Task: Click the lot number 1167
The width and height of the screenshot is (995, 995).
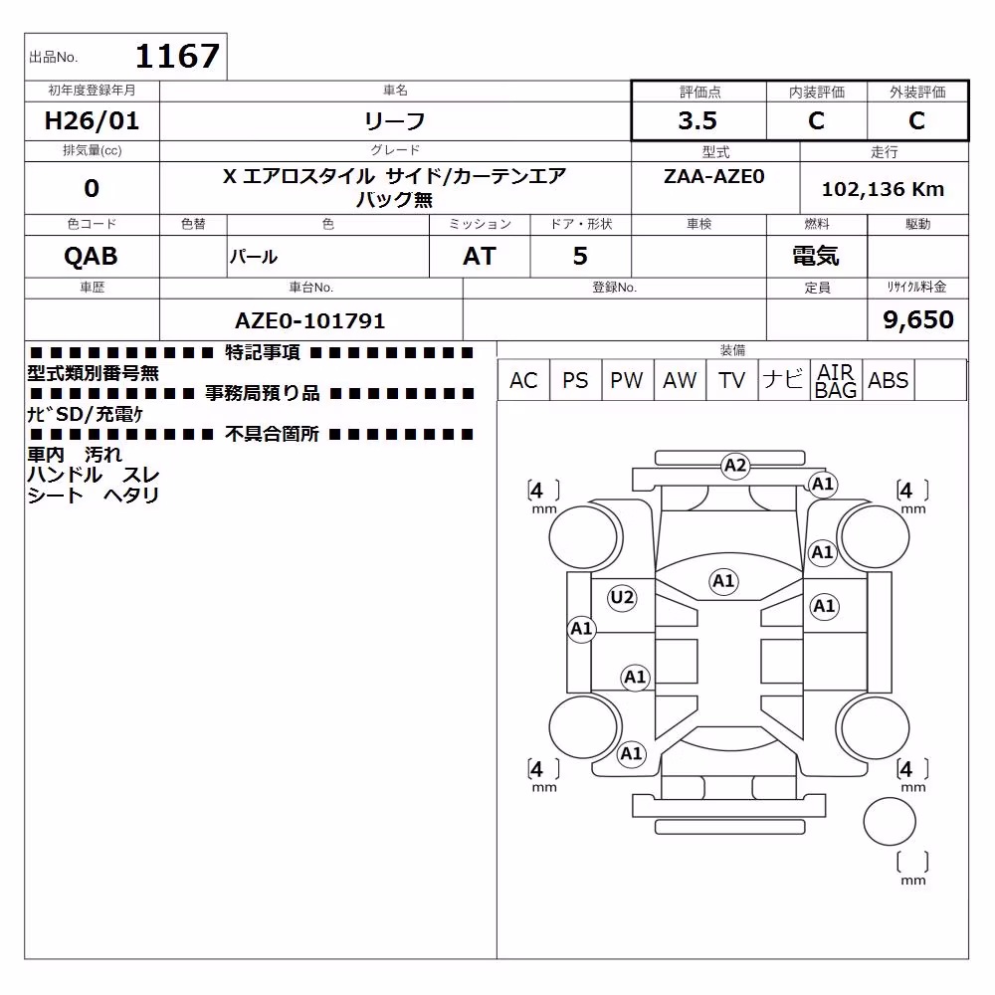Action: (x=178, y=56)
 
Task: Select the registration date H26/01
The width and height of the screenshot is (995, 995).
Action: (x=92, y=120)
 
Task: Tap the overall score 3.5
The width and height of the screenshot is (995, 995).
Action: (x=697, y=120)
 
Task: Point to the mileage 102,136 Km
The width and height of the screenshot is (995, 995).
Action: (x=883, y=189)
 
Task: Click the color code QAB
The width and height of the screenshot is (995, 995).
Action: (x=91, y=257)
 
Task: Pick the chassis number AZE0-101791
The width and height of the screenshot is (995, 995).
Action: (x=309, y=320)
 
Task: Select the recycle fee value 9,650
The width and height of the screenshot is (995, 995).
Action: (x=917, y=319)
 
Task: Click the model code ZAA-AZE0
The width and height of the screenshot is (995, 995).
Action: (x=713, y=176)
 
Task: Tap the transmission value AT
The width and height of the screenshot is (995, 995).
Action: (x=480, y=257)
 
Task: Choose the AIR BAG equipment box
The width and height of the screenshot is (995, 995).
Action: (x=836, y=380)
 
